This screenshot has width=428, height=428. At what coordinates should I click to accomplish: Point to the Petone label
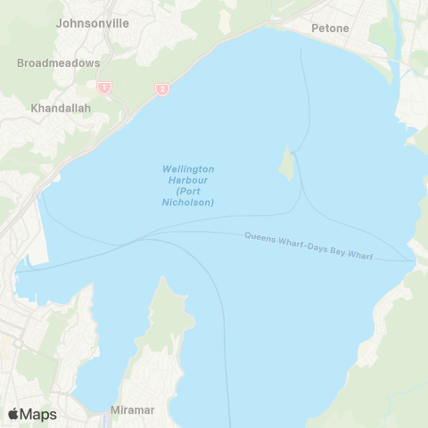tap(329, 29)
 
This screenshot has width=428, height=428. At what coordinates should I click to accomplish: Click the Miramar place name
tap(132, 409)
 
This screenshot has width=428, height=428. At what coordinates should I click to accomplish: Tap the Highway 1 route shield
tap(104, 87)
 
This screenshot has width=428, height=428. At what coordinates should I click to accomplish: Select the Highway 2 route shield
tap(161, 89)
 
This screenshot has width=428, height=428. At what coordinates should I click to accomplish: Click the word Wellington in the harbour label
tap(188, 169)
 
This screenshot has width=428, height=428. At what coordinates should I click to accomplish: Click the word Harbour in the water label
tap(188, 180)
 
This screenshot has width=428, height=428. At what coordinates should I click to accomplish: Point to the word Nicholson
tap(195, 202)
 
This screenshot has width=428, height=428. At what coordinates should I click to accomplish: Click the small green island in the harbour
tap(287, 163)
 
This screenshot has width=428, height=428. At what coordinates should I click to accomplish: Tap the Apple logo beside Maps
tap(13, 415)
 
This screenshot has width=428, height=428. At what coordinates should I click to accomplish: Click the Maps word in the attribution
tap(38, 415)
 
